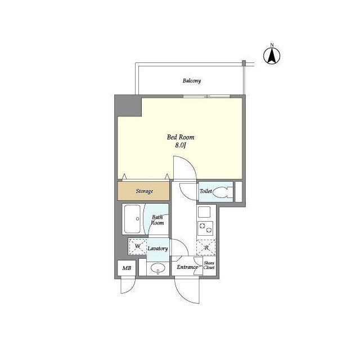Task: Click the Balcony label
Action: [192, 81]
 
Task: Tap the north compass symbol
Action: [272, 55]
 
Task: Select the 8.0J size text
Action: [181, 145]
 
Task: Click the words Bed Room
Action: [181, 137]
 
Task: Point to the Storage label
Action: [145, 191]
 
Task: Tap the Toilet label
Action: [206, 191]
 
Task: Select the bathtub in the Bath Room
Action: [133, 219]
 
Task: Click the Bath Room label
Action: [157, 220]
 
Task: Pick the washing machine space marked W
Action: [137, 246]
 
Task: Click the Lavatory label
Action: [157, 249]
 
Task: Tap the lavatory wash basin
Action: [157, 268]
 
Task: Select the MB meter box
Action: [127, 268]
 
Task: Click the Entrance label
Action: [187, 267]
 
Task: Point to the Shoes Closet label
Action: [209, 265]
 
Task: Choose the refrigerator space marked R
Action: [206, 247]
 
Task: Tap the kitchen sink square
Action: [204, 212]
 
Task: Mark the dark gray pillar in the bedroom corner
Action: [128, 106]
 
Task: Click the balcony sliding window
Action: [206, 96]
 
